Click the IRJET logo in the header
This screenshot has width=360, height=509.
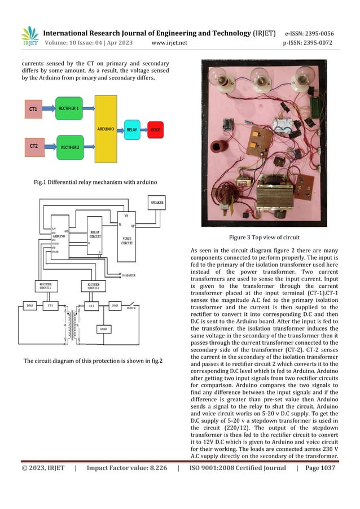point(29,37)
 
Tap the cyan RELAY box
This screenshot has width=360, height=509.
point(131,129)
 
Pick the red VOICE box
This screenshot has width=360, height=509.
point(155,129)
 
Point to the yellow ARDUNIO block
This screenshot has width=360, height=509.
point(106,129)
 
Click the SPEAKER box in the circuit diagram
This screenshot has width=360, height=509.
point(157,203)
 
